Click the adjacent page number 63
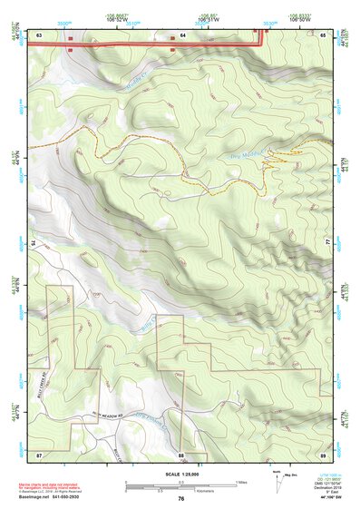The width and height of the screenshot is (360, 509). pos(40,34)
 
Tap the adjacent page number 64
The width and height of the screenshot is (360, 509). pos(181,34)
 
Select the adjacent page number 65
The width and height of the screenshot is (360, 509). pos(324,34)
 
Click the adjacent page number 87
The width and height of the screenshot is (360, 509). pos(39,453)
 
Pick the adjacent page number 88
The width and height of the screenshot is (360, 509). pos(181,453)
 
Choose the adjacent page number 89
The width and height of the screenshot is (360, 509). pos(324,453)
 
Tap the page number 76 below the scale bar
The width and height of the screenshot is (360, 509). pos(181,498)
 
